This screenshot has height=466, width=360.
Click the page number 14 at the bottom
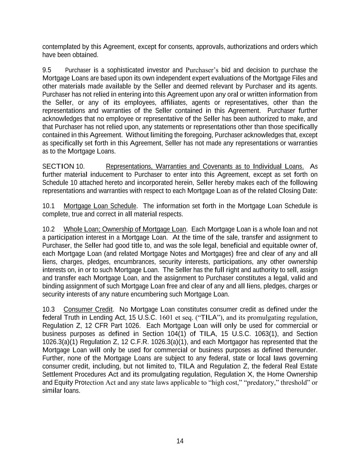click(180, 441)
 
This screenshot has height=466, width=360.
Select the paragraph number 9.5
click(47, 70)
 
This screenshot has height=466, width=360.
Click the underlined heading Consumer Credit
click(88, 309)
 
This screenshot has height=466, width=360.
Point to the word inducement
click(111, 174)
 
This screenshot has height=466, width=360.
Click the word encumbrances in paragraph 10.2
click(134, 262)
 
